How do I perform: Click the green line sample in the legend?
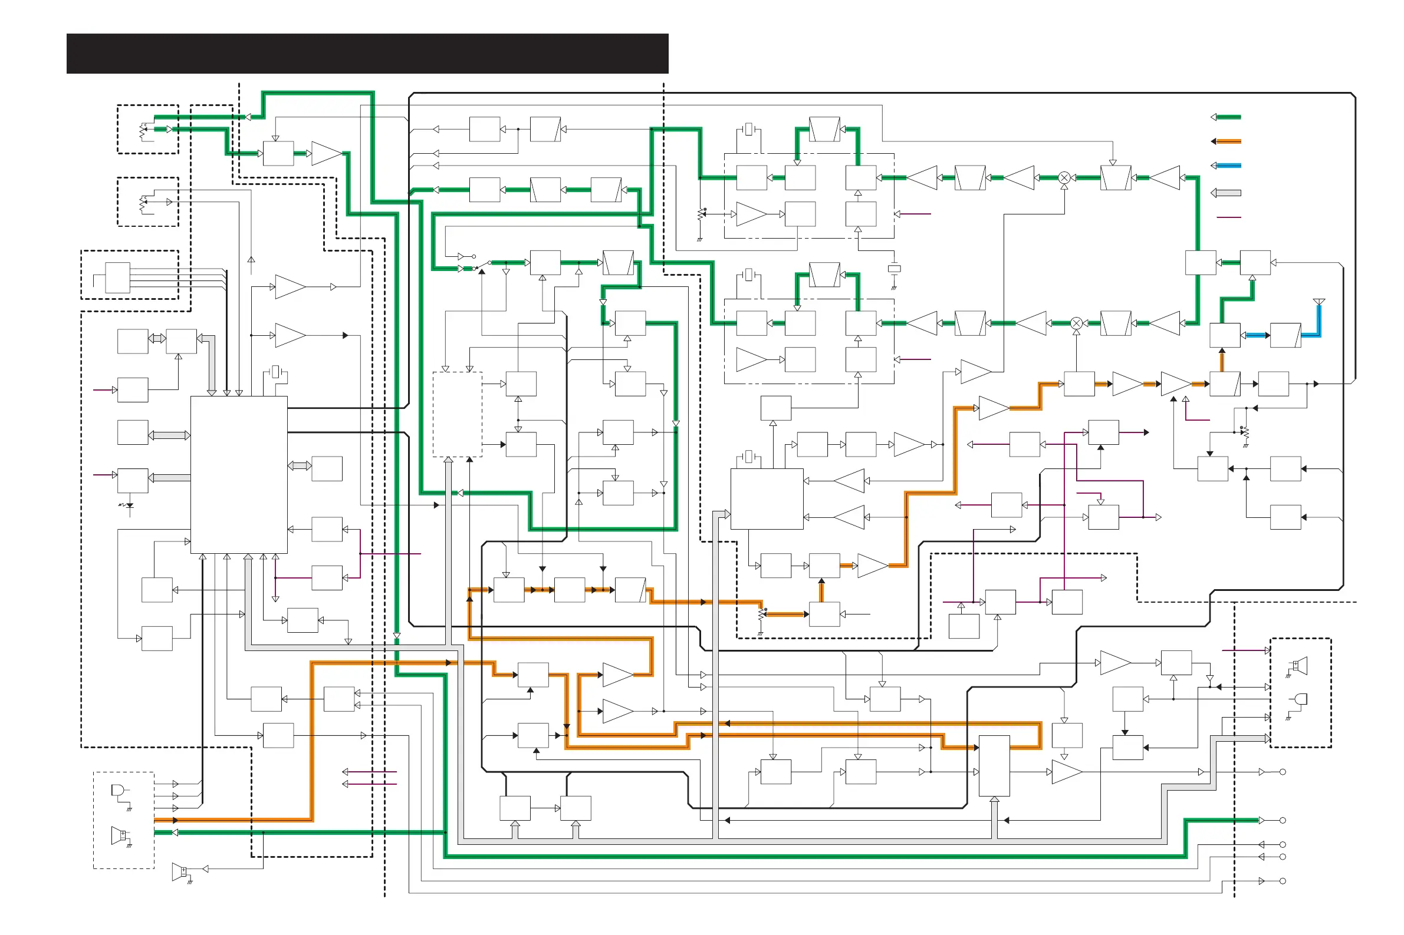click(x=1228, y=117)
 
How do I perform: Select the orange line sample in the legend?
click(x=1228, y=141)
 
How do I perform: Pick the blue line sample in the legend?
click(x=1228, y=166)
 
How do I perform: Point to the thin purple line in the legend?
click(x=1228, y=217)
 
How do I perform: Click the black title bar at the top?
click(x=367, y=54)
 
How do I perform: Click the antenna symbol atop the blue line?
click(x=1319, y=303)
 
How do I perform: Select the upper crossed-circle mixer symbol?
click(x=1064, y=178)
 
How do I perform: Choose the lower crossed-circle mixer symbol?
click(x=1076, y=323)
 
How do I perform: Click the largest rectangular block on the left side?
click(x=239, y=475)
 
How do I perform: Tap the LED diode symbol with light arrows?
click(x=129, y=506)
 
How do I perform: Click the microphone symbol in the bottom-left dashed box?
click(x=119, y=791)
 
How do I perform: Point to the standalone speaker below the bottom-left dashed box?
click(x=180, y=872)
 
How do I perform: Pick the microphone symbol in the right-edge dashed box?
click(x=1301, y=699)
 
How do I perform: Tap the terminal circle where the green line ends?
click(x=1283, y=821)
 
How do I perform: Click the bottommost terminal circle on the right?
click(x=1283, y=881)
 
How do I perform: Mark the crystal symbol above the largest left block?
click(x=275, y=372)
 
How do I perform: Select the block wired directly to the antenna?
click(x=1285, y=335)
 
